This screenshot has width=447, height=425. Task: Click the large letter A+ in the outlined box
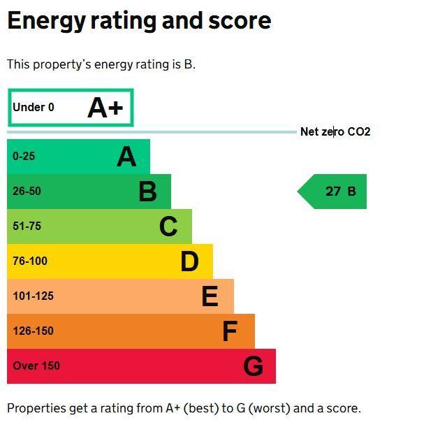click(105, 108)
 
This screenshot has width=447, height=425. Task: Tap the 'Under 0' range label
click(34, 107)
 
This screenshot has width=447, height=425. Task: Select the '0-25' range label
click(24, 157)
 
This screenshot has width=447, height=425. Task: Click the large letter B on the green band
click(147, 192)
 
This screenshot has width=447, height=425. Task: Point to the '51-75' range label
click(27, 226)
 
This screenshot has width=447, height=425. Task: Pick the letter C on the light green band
click(168, 226)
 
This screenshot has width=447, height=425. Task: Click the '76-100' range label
click(30, 261)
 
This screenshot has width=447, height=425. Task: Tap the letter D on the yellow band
click(189, 261)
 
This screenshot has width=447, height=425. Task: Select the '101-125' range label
click(33, 296)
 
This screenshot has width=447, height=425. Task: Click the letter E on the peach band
click(210, 296)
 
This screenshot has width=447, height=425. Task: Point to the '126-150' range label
click(33, 331)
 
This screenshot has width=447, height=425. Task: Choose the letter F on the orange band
click(230, 331)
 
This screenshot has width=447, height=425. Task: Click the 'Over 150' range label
click(36, 366)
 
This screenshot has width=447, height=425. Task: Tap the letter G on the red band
click(253, 366)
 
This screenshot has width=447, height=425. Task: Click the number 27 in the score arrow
click(333, 192)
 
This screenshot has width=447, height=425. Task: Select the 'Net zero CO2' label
click(335, 132)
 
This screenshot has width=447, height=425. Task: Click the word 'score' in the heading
click(240, 20)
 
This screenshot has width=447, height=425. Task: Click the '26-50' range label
click(27, 191)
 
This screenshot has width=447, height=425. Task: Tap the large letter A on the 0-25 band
click(126, 157)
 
